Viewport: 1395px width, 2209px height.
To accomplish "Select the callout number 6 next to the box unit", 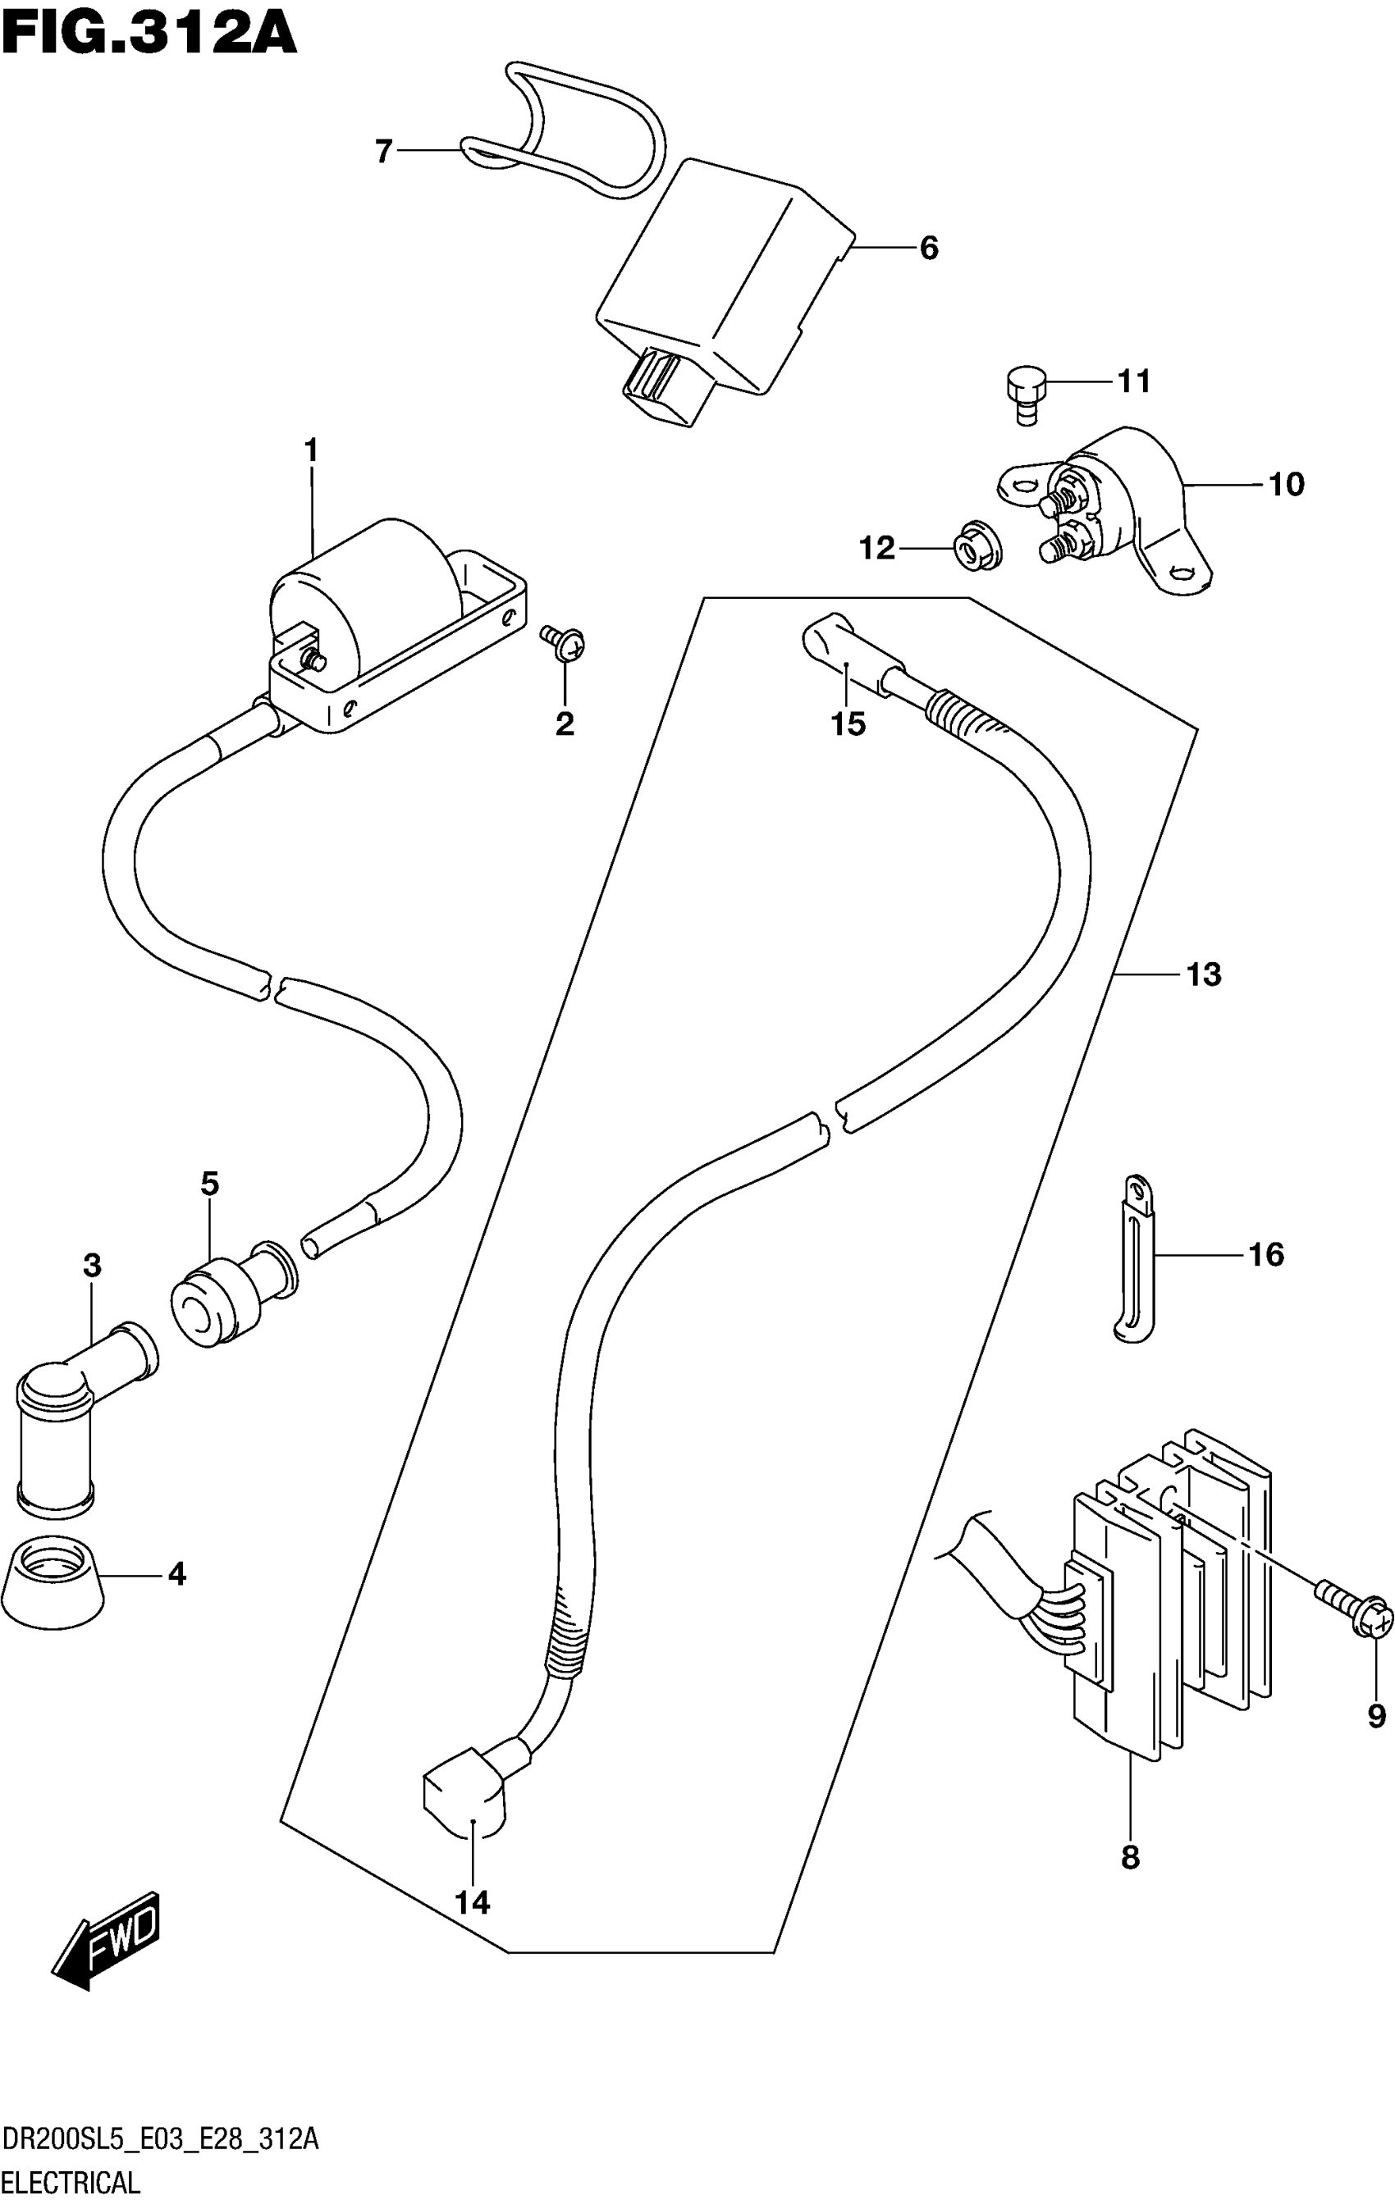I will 929,248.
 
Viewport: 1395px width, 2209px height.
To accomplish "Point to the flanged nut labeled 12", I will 978,548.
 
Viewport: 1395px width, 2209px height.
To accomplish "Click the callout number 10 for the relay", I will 1286,483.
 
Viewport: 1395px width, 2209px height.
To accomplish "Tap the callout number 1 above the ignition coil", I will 310,450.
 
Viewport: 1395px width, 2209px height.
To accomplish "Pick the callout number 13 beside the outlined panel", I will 1203,974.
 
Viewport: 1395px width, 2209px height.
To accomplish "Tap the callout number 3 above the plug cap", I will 92,1266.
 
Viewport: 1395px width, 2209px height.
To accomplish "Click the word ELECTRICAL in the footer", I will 71,2181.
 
